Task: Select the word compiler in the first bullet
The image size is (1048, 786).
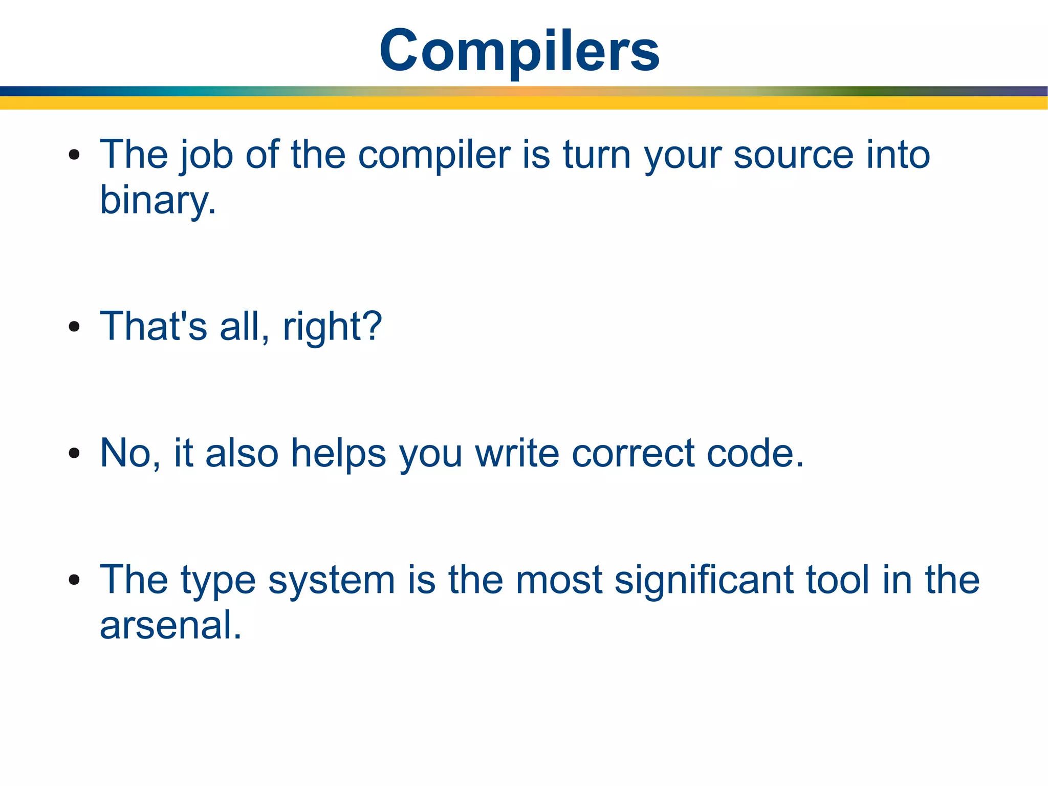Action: pos(434,155)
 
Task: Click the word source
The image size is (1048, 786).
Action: pos(793,155)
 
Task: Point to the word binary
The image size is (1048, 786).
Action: pos(157,200)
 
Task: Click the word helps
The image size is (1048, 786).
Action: pos(338,453)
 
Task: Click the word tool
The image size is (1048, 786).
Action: pos(837,580)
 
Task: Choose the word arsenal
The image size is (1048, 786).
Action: pos(170,625)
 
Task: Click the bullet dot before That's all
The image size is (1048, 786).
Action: pos(74,326)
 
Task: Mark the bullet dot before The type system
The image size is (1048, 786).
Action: pos(74,580)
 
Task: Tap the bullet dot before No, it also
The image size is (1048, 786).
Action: pos(74,453)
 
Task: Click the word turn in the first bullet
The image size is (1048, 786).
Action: pos(596,155)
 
